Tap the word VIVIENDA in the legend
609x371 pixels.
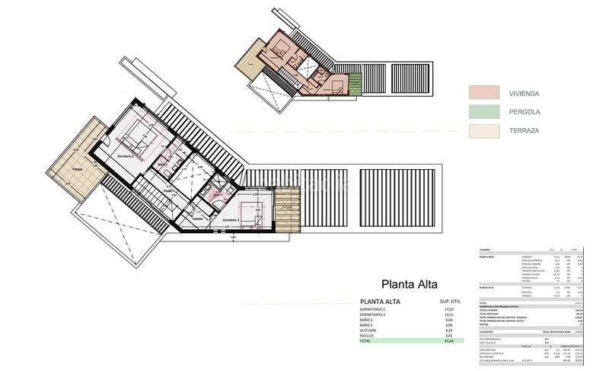point(524,94)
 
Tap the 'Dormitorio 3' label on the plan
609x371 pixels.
point(231,220)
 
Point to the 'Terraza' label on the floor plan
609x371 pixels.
point(77,168)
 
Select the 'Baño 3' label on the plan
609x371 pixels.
point(218,195)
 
